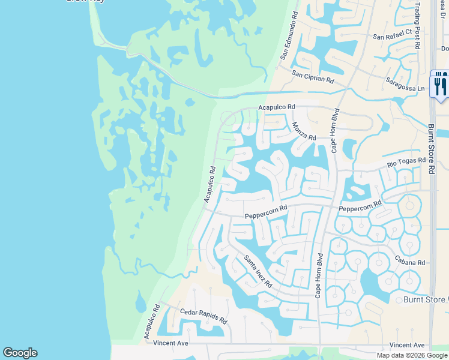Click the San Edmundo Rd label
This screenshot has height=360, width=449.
288,36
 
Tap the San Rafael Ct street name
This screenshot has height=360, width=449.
393,37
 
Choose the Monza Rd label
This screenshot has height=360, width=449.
304,131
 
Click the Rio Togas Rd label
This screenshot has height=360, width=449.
406,160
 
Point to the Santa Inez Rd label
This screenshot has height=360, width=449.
258,271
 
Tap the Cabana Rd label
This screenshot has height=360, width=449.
409,262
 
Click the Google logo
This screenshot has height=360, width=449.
20,353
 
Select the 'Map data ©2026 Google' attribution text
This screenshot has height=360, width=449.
412,355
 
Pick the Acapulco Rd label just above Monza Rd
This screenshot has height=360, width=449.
277,107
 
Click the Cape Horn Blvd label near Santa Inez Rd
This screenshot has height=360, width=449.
319,275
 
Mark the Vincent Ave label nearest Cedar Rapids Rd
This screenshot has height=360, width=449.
171,343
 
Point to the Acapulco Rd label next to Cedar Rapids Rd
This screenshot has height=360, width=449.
152,322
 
